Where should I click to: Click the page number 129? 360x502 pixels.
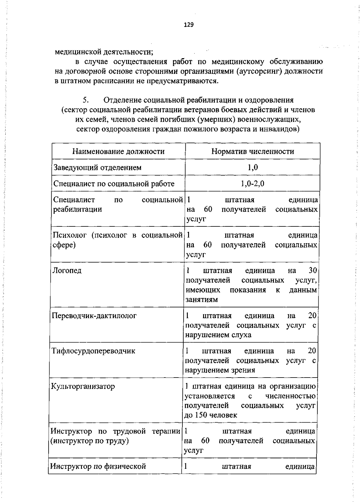point(189,25)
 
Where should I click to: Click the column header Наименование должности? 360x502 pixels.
point(118,151)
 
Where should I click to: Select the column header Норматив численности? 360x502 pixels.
point(253,151)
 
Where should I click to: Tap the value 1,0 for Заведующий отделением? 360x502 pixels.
point(253,167)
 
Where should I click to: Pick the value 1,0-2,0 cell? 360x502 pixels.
point(253,184)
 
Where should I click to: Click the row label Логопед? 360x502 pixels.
point(67,270)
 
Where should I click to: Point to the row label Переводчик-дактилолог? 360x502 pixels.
point(94,316)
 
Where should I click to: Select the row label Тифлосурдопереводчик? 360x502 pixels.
point(93,351)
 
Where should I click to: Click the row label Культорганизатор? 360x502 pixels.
point(83,386)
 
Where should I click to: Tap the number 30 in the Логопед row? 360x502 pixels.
point(313,270)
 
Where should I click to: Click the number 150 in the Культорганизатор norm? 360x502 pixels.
point(201,415)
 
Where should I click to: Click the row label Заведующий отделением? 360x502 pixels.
point(97,167)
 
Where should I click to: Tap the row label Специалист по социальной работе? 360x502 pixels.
point(114,184)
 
